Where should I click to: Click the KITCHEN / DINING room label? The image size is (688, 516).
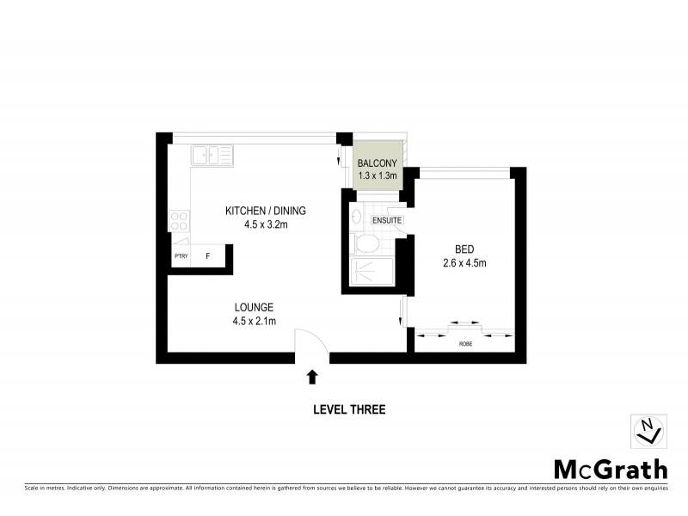pyautogui.click(x=265, y=211)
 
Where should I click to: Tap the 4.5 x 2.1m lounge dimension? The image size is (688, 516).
pyautogui.click(x=254, y=322)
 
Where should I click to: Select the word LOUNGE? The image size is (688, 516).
pyautogui.click(x=254, y=307)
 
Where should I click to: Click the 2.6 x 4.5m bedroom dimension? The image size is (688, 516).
pyautogui.click(x=464, y=263)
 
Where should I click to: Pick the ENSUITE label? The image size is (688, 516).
pyautogui.click(x=386, y=221)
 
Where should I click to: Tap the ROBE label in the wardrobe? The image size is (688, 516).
pyautogui.click(x=464, y=344)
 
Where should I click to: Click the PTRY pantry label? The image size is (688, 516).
pyautogui.click(x=181, y=256)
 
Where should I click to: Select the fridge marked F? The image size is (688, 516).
pyautogui.click(x=207, y=256)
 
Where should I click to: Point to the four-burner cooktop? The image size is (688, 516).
pyautogui.click(x=180, y=220)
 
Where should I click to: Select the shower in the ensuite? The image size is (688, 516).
pyautogui.click(x=371, y=272)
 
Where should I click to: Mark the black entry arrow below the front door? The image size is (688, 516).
pyautogui.click(x=311, y=376)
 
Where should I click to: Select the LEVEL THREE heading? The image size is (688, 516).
pyautogui.click(x=348, y=410)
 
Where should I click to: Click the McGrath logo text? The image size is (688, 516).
pyautogui.click(x=609, y=469)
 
